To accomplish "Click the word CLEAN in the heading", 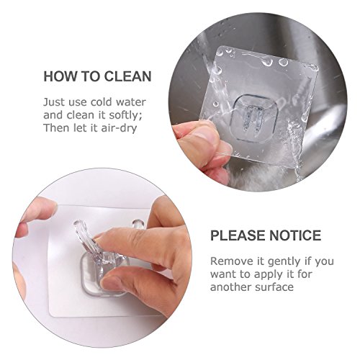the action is pos(127,76).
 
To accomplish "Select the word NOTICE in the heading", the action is pos(295,235).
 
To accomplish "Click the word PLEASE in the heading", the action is pos(238,235).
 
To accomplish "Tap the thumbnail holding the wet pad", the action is pos(203,133).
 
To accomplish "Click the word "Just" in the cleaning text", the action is pos(54,102).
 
